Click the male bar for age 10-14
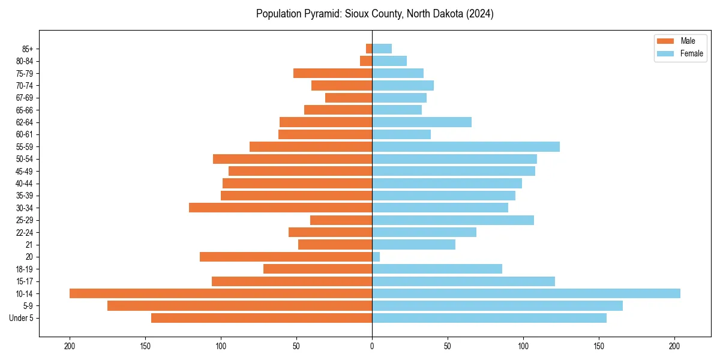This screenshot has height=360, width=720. pos(221,293)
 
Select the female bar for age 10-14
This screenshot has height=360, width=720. pos(526,293)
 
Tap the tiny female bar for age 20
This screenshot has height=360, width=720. pos(376,257)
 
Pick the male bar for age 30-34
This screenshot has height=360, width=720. pos(281,208)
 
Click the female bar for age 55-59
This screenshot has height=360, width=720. pos(466,146)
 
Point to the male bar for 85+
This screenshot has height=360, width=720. pos(369,49)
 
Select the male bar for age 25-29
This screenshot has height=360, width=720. pos(341,220)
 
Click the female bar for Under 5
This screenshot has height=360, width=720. pos(489,318)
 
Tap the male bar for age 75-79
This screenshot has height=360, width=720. pos(333,73)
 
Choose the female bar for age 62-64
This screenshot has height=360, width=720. pos(422,122)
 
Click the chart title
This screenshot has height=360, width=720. pos(374,14)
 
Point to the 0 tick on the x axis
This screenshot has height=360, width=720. pos(372,346)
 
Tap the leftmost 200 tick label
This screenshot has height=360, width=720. pos(70,346)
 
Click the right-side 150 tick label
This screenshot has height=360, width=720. pos(599,346)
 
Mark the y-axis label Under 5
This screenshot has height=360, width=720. pos(22,318)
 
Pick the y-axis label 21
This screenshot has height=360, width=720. pos(30,245)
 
